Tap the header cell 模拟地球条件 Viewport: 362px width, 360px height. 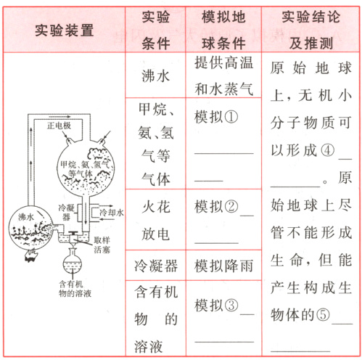tap(222, 29)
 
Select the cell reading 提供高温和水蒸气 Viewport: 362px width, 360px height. tap(223, 75)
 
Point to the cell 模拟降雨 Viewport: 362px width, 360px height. tap(223, 266)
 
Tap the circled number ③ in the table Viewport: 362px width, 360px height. tap(231, 303)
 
